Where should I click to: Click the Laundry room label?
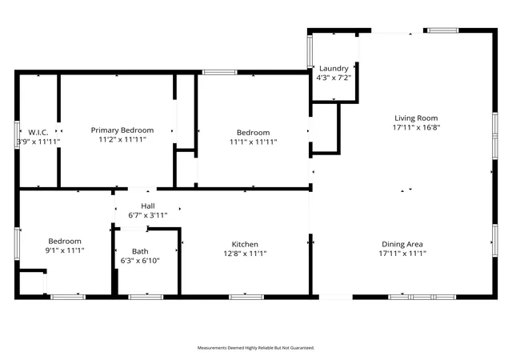pos(334,68)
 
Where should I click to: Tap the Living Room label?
pos(416,118)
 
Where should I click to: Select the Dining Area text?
pos(402,244)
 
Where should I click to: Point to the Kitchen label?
pos(245,244)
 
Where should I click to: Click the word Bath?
pos(140,251)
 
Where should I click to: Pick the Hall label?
pos(148,206)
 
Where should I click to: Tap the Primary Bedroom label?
pos(122,130)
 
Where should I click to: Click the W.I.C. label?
pos(38,132)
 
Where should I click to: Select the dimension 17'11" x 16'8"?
pos(416,127)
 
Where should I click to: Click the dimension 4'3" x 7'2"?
pos(334,78)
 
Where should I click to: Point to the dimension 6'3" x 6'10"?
pos(140,260)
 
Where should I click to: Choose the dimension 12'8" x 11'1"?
pos(245,253)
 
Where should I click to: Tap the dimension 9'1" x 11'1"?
pos(65,250)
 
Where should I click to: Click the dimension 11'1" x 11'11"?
pos(253,142)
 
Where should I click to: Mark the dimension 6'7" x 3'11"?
pos(148,215)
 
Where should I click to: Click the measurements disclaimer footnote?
pos(256,348)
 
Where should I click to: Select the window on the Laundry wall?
pos(310,51)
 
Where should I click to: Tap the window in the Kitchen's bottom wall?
pos(246,297)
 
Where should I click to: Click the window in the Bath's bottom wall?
pos(146,297)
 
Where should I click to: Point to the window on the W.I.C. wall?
pos(17,134)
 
